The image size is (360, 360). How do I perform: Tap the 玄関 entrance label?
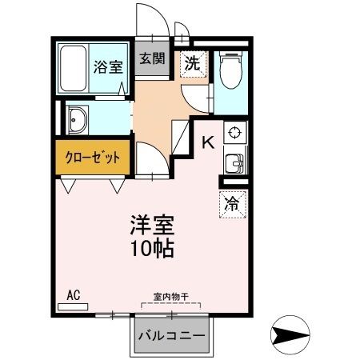tap(151, 58)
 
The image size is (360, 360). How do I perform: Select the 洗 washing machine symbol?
tap(194, 63)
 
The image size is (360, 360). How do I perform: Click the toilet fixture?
tap(230, 70)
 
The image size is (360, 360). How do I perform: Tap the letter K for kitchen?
tap(207, 143)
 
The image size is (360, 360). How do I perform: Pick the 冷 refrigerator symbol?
tap(232, 204)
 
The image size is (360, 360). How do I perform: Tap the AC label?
tap(74, 295)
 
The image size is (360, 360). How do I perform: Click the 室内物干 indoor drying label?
tap(170, 297)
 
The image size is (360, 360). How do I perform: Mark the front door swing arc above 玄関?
tap(152, 22)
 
